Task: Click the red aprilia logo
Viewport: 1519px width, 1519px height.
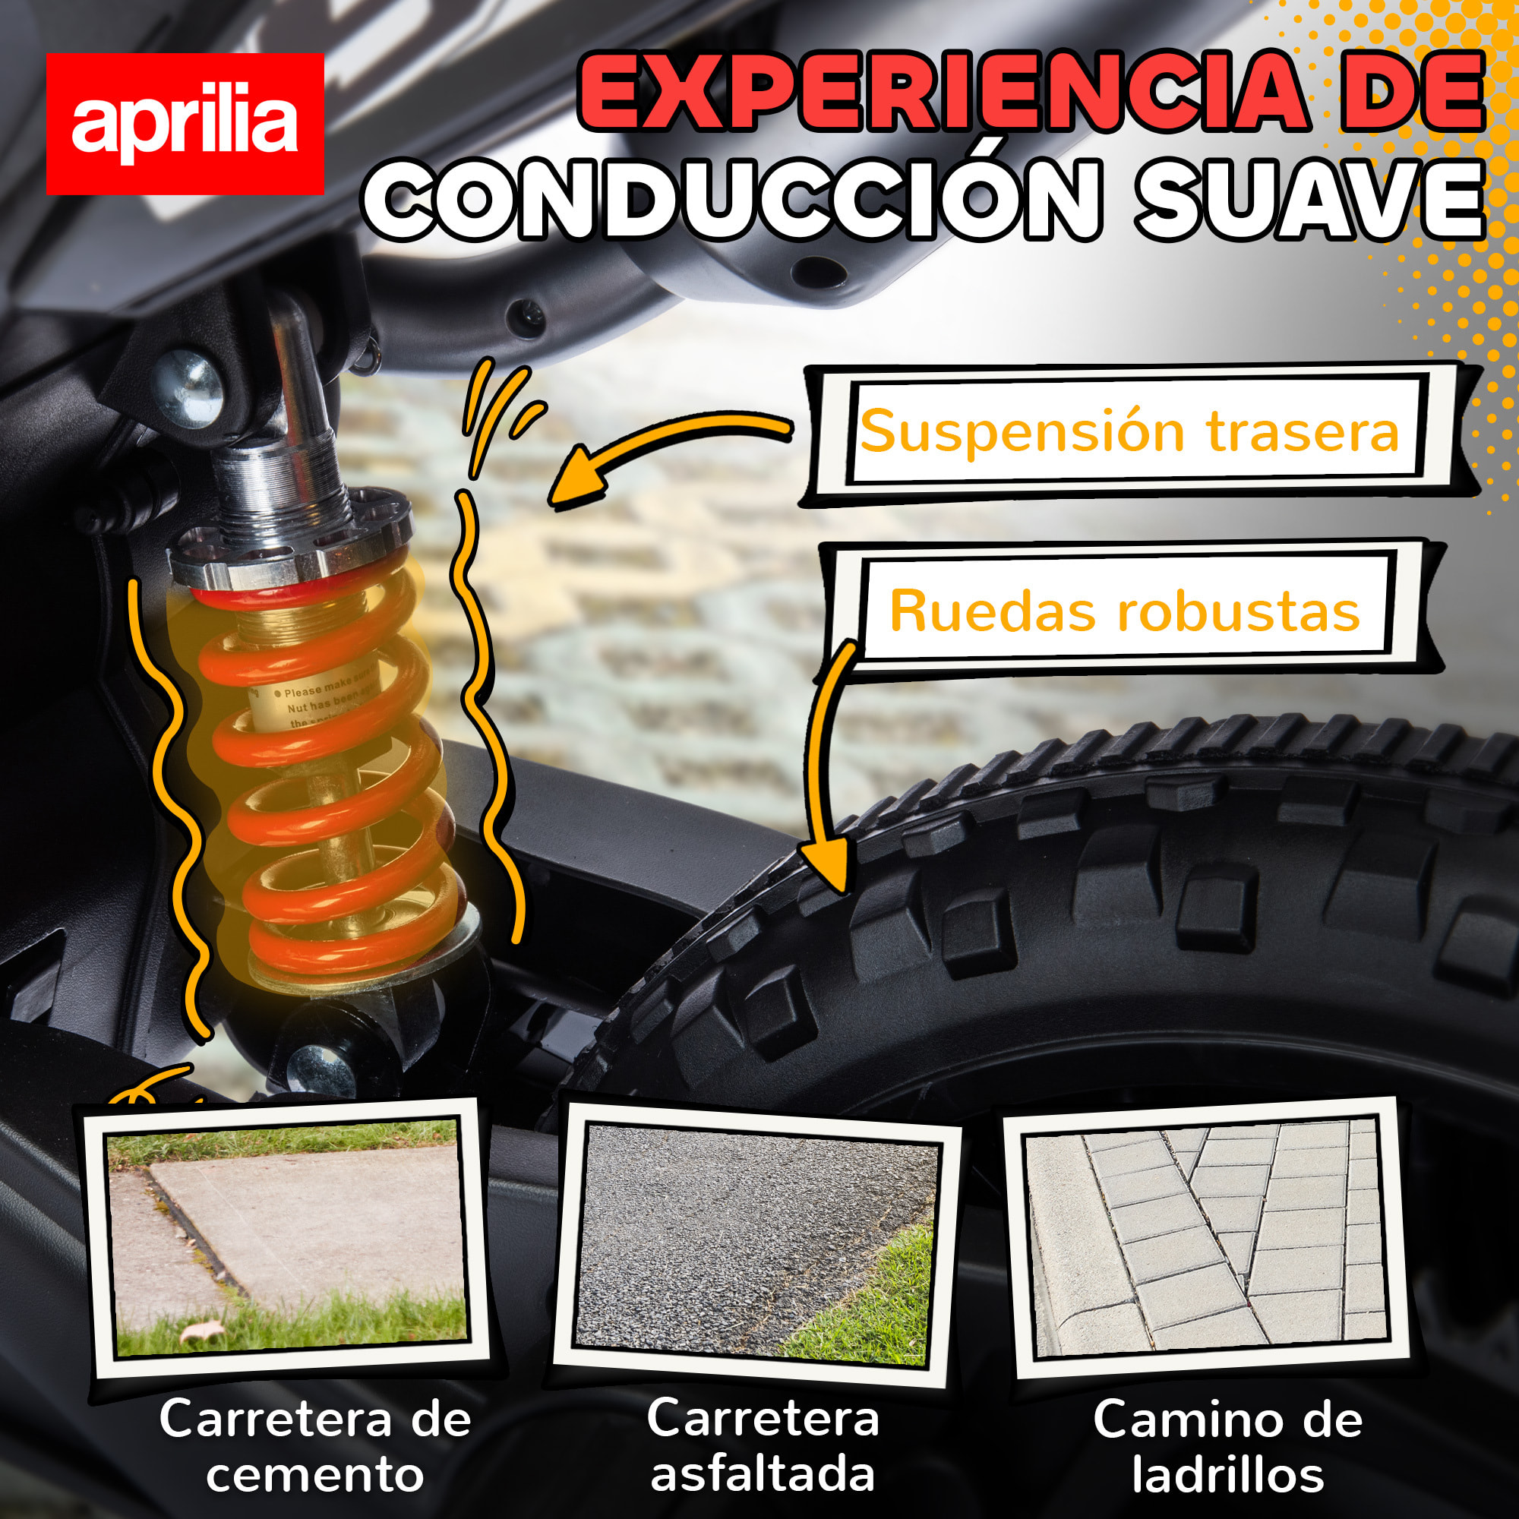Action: [x=185, y=124]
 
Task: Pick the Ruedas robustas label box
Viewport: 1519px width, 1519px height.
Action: [x=1124, y=611]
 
